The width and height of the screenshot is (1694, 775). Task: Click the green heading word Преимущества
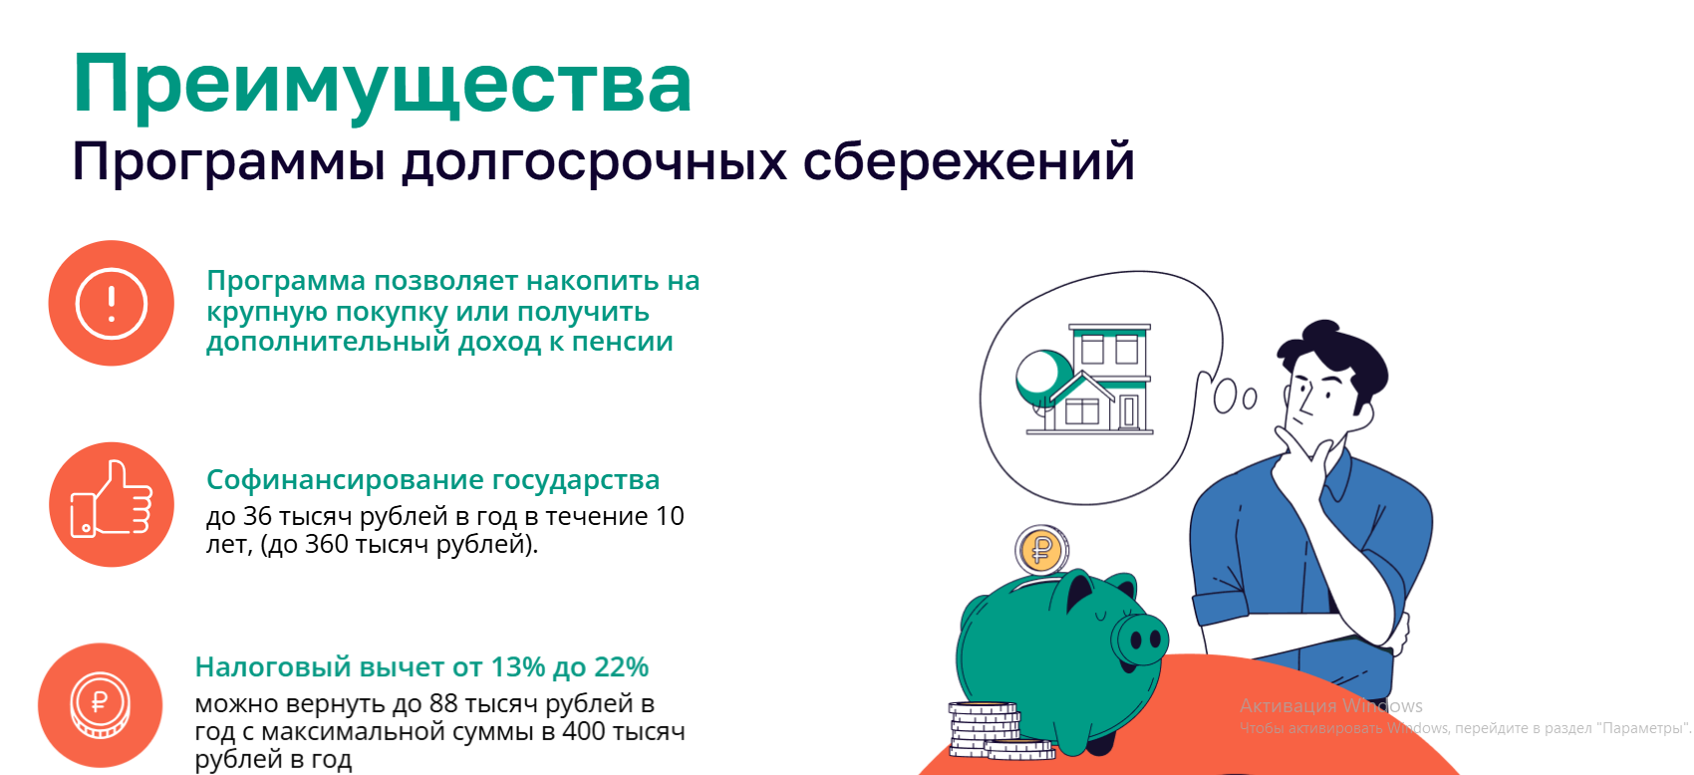382,85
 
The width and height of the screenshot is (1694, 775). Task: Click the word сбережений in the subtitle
969,161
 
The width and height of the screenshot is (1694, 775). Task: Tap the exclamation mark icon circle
112,303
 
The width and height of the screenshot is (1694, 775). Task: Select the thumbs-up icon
112,500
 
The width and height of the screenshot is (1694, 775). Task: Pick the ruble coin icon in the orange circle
100,704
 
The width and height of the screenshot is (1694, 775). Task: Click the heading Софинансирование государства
432,479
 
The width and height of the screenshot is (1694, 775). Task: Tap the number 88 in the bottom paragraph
443,704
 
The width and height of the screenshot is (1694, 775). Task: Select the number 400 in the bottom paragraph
584,732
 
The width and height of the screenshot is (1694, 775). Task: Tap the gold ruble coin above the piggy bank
1041,550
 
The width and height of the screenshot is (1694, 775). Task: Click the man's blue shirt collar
1340,472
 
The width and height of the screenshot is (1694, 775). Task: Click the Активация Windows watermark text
1331,706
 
